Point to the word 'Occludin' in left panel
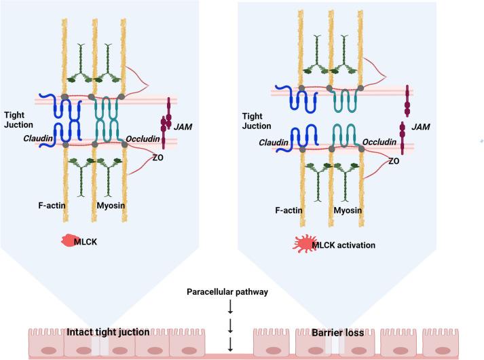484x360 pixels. pyautogui.click(x=142, y=140)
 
